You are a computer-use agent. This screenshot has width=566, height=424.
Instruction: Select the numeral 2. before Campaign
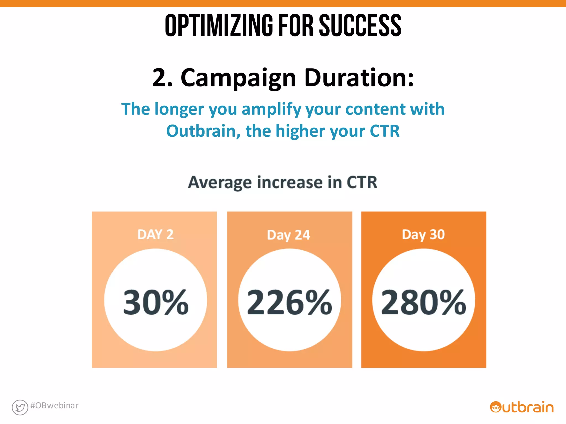(163, 78)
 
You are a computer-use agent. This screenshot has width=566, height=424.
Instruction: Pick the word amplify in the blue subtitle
(271, 109)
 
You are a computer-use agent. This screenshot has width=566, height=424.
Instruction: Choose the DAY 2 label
(155, 235)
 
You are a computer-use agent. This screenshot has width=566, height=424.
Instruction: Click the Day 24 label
(288, 235)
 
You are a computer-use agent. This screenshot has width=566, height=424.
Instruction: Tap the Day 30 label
(423, 235)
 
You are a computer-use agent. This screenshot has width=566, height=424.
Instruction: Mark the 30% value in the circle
(156, 302)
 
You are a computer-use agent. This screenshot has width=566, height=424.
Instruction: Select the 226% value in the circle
(289, 302)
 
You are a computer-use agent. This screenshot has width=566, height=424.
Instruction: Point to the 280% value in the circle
(423, 302)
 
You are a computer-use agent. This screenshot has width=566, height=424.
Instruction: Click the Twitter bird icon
(20, 407)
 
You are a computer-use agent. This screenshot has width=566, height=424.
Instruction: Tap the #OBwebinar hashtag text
(54, 405)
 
